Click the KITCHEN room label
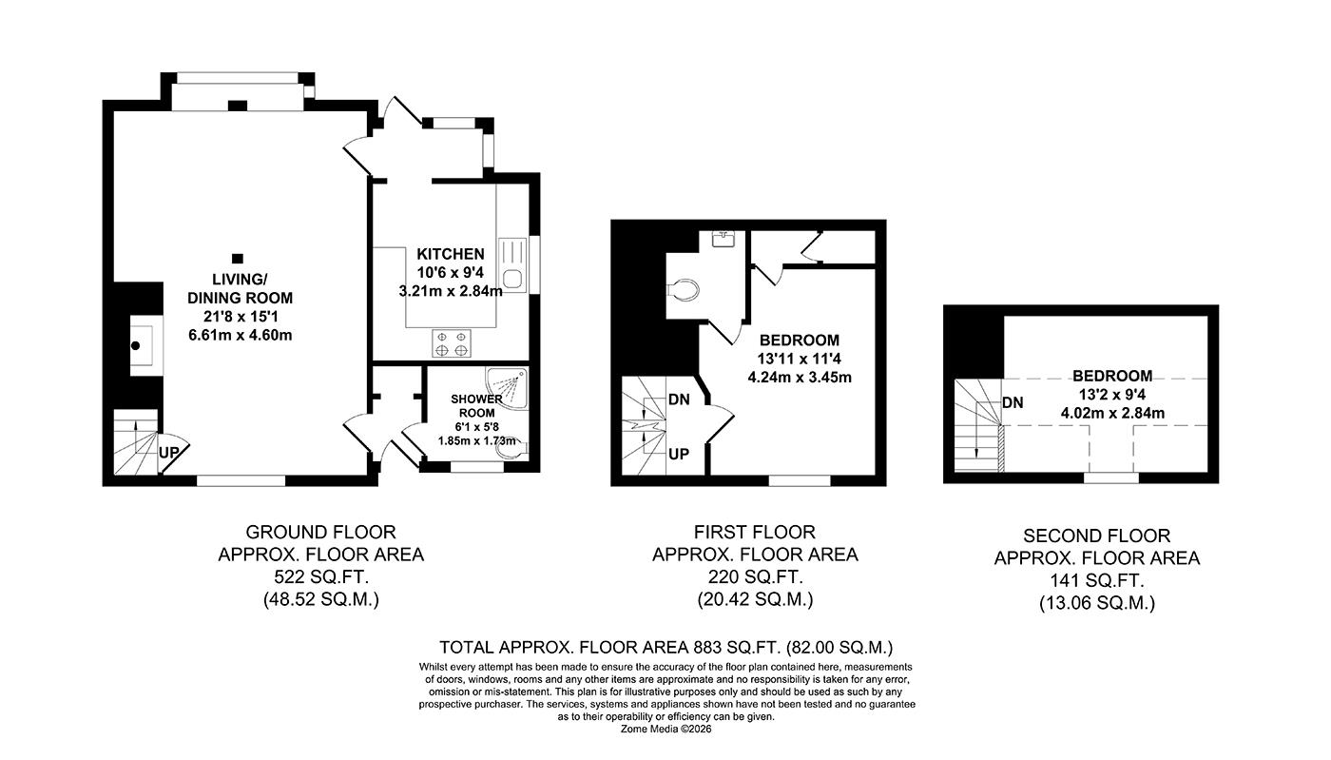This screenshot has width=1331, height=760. [450, 254]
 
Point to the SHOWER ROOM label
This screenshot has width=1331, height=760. [476, 406]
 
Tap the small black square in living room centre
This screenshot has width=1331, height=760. [237, 258]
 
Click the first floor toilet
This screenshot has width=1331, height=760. [685, 286]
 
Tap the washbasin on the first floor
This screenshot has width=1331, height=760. [724, 238]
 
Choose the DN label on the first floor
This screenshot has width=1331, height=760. [679, 399]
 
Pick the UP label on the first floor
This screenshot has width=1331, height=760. [679, 455]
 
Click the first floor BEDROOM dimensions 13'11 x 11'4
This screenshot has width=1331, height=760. [799, 359]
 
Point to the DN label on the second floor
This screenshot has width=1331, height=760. [1013, 402]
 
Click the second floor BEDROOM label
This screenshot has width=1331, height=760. [1112, 376]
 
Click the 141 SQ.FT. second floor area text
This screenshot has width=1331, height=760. [1096, 580]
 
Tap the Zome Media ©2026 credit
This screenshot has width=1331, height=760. [665, 730]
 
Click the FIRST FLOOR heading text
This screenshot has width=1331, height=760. [755, 532]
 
